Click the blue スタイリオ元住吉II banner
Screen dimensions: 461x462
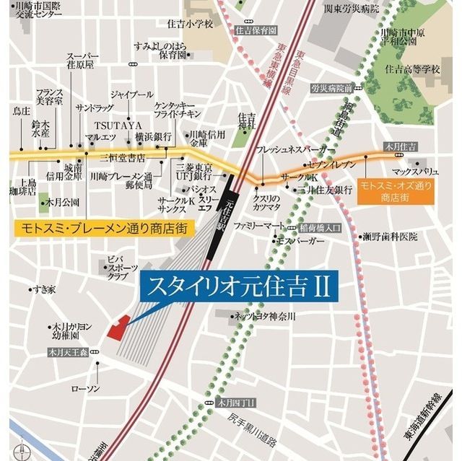238,287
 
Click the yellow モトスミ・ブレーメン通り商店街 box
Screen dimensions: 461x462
102,228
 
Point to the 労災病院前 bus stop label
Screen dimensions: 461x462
331,88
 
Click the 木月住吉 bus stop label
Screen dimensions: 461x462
402,146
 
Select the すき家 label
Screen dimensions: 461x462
43,289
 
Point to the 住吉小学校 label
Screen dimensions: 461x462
191,24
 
